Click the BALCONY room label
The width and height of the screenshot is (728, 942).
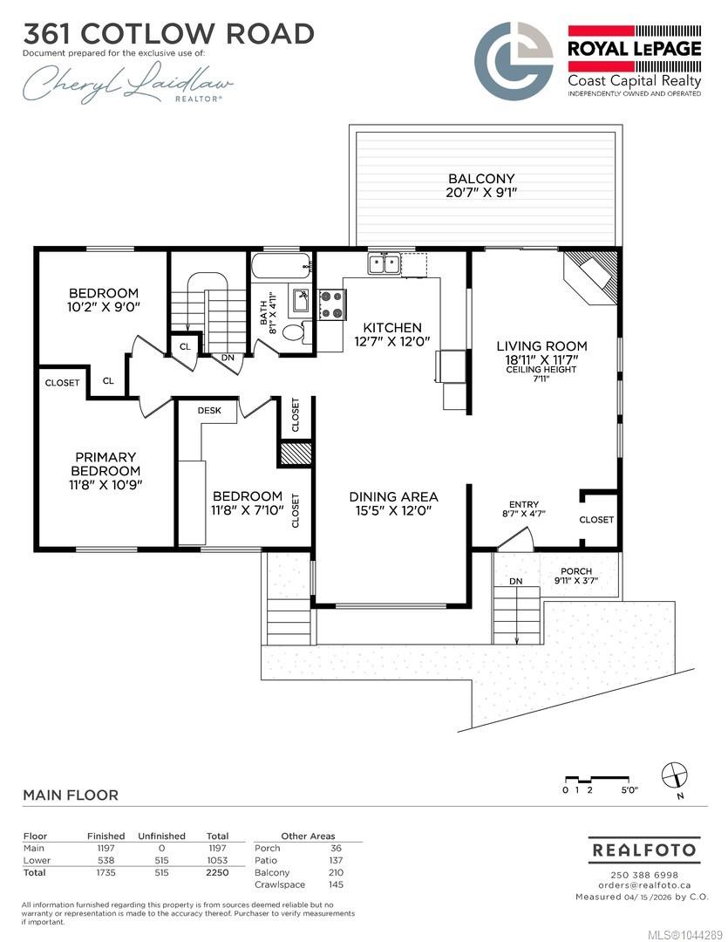481,179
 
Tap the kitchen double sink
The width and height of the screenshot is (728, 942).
384,263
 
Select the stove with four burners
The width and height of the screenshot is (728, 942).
331,304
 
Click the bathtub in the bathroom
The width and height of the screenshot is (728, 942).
282,266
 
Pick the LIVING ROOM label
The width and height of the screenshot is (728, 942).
541,346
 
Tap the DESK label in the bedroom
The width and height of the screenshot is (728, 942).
209,410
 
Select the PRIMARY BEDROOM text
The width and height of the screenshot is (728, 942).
105,464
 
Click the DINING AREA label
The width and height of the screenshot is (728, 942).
393,497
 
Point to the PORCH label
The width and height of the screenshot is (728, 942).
576,571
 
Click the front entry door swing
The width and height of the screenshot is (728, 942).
516,539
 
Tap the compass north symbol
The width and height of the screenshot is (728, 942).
675,775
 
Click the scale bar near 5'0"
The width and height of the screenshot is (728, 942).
600,779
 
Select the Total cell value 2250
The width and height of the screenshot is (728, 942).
217,872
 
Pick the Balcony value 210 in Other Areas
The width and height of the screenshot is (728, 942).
335,872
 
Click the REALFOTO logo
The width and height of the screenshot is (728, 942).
644,850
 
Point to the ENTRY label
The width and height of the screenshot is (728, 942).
524,505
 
